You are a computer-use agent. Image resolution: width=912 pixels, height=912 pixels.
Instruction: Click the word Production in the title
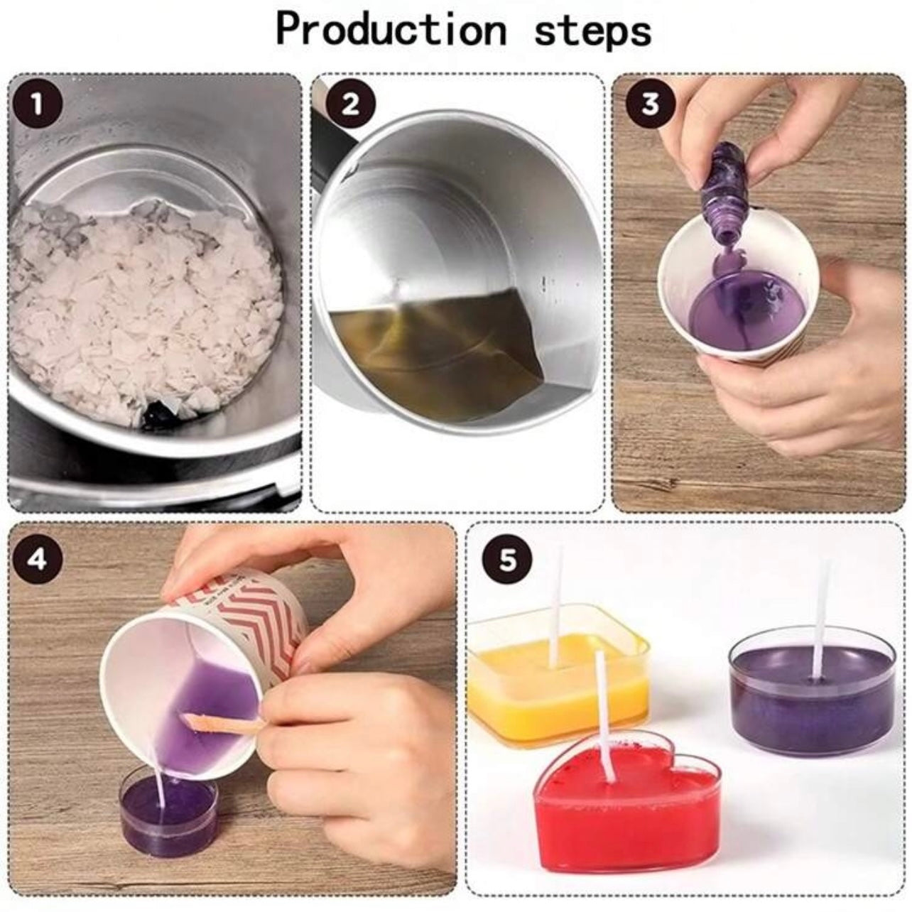point(391,31)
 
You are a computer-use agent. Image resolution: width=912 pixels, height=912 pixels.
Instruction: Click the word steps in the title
point(592,31)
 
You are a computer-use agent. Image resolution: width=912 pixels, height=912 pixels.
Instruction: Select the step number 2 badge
point(350,105)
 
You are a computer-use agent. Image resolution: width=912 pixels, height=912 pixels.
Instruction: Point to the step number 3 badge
point(649,104)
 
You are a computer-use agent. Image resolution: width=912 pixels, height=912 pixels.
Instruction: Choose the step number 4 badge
point(37,559)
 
